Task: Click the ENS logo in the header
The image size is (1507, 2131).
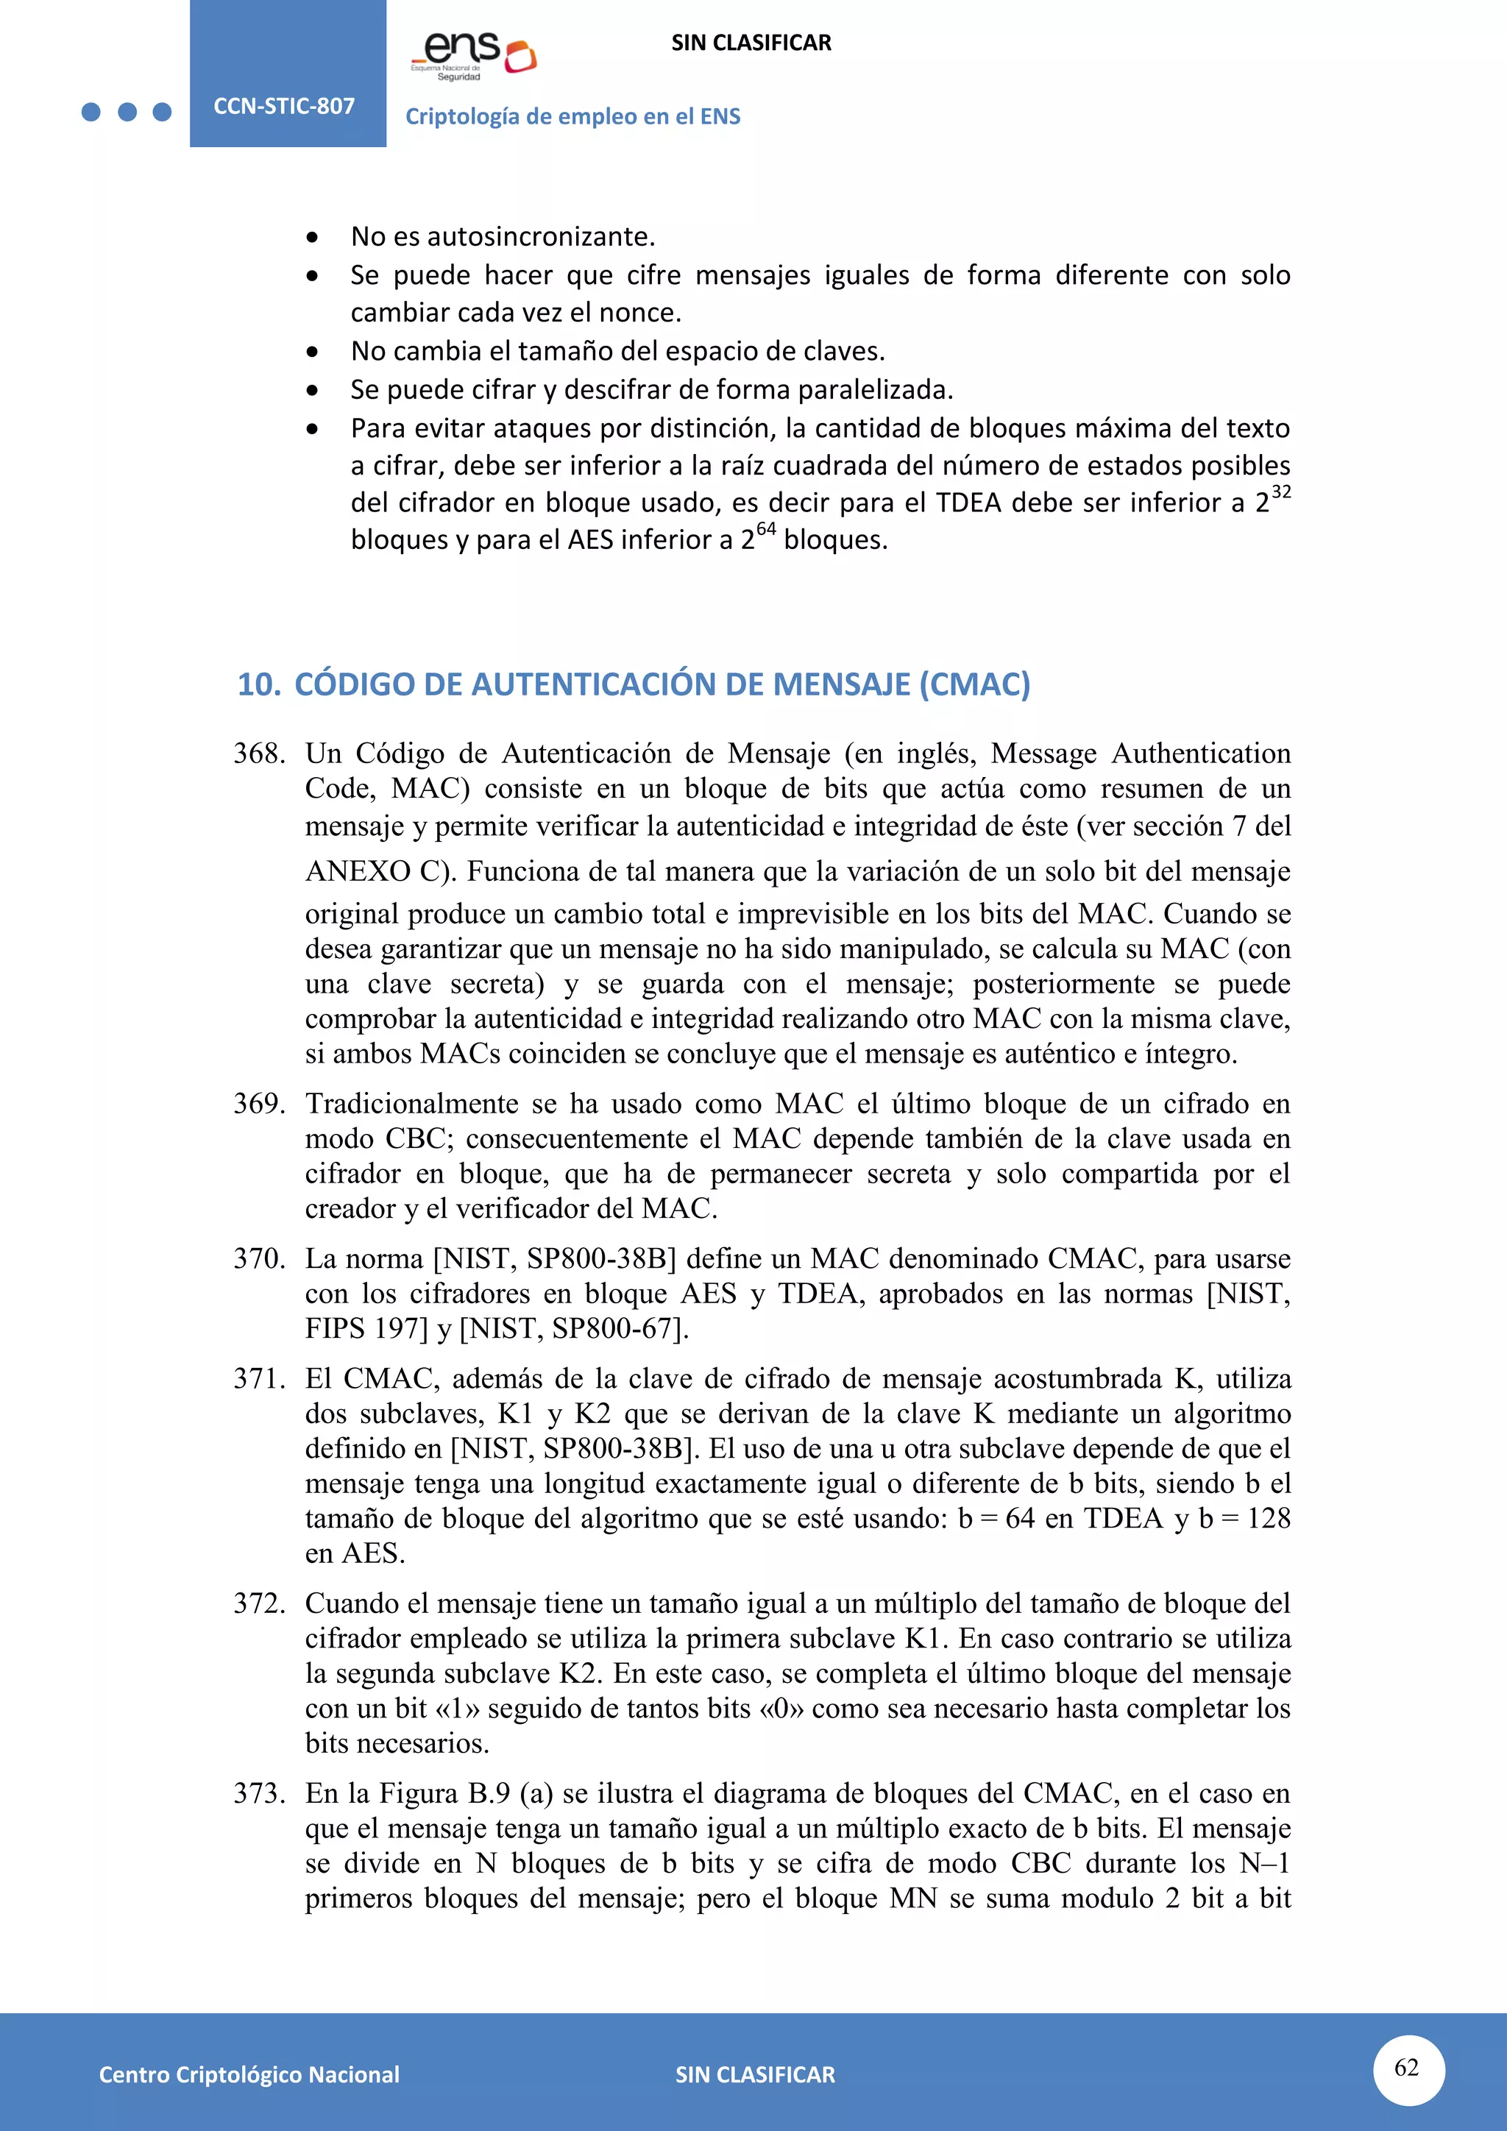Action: click(473, 56)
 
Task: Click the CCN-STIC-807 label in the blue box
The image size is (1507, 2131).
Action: click(284, 106)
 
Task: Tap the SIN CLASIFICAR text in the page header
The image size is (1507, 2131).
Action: click(751, 43)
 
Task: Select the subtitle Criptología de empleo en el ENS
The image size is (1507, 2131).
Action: click(572, 116)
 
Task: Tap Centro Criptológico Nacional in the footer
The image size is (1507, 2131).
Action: click(249, 2074)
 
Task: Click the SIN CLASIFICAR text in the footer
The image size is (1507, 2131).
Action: click(754, 2074)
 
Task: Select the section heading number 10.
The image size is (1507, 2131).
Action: click(258, 684)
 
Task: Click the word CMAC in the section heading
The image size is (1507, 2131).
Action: click(974, 684)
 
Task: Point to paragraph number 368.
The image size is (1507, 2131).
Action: click(259, 753)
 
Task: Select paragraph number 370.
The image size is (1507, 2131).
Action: click(259, 1258)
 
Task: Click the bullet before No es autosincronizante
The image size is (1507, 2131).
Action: click(313, 238)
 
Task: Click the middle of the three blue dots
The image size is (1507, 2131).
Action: click(127, 113)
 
